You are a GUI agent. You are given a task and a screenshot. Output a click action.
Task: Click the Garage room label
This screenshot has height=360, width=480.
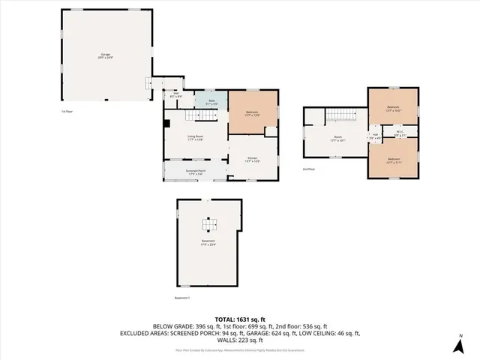[x=106, y=55]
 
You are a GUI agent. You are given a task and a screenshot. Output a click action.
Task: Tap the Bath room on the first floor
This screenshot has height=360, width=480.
[x=211, y=101]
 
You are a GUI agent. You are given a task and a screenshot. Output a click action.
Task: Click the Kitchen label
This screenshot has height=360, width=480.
[x=253, y=159]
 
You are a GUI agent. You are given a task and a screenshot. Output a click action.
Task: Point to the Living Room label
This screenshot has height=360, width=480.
[x=196, y=137]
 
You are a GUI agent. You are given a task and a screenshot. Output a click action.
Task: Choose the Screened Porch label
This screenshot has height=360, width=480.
[x=196, y=172]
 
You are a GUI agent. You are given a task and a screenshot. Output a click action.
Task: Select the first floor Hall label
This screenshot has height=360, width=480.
[x=175, y=95]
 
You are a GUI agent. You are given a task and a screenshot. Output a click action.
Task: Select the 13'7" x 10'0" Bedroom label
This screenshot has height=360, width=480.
[x=393, y=108]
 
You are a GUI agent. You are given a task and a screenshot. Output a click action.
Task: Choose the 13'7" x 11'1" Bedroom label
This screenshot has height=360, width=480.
[x=393, y=159]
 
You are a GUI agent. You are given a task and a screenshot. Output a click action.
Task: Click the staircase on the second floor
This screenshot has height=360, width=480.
[x=342, y=116]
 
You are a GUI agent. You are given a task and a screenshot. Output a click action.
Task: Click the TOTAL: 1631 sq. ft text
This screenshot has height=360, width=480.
[x=239, y=319]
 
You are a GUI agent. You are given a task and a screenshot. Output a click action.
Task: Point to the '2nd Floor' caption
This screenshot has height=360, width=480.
[x=307, y=169]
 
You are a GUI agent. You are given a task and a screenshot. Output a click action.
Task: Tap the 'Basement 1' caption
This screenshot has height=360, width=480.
[x=183, y=298]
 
